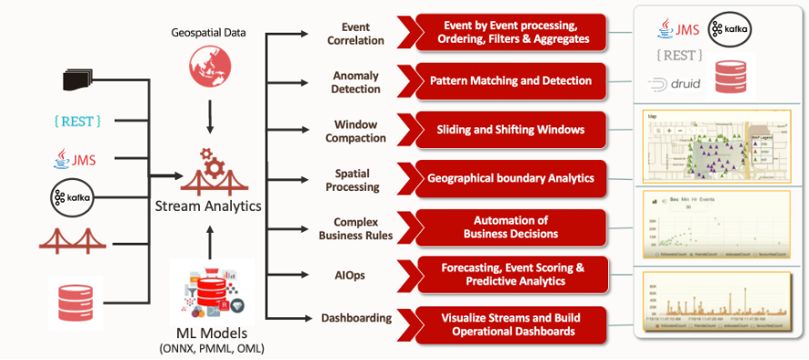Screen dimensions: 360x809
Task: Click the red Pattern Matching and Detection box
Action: (509, 81)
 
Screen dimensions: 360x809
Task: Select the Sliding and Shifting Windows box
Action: (509, 130)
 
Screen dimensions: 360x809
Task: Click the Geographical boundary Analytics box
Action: (509, 179)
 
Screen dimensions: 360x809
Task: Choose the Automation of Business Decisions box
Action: (509, 226)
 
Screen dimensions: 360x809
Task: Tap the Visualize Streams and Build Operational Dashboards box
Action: (509, 325)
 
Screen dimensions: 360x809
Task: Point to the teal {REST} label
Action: (77, 120)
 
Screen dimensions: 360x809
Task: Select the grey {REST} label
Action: (675, 55)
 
